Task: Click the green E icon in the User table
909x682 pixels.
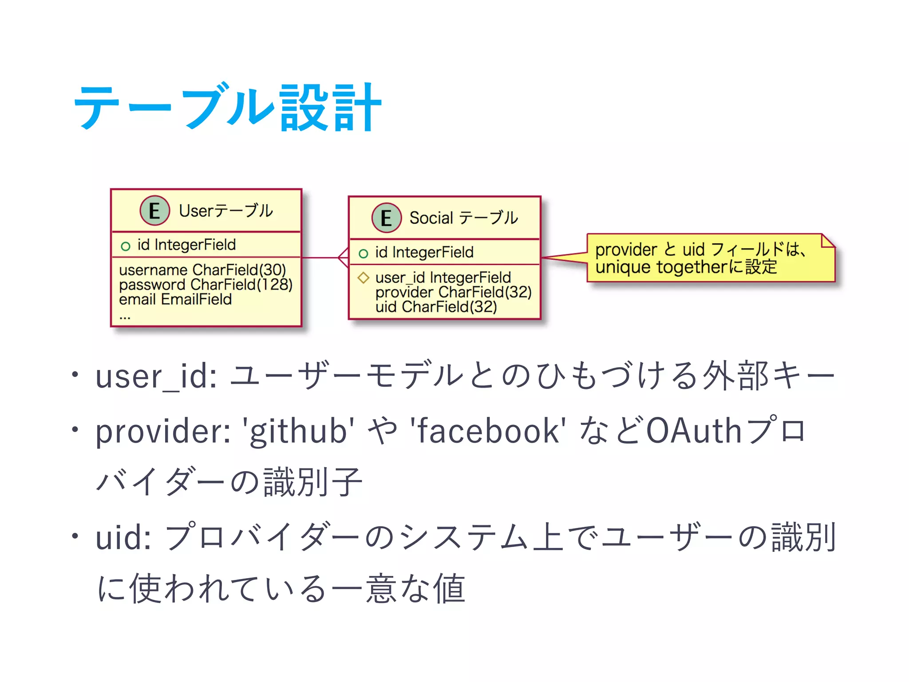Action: pyautogui.click(x=154, y=210)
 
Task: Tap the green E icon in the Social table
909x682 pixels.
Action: pyautogui.click(x=386, y=218)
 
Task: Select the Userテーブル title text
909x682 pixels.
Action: pyautogui.click(x=226, y=211)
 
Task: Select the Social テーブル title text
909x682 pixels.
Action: pyautogui.click(x=463, y=218)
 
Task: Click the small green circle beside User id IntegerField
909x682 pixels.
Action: pyautogui.click(x=126, y=246)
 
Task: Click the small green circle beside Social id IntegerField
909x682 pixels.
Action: pyautogui.click(x=364, y=254)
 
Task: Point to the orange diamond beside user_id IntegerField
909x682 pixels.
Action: pyautogui.click(x=364, y=278)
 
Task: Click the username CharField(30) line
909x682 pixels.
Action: pyautogui.click(x=202, y=270)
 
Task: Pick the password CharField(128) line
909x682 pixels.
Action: pyautogui.click(x=206, y=285)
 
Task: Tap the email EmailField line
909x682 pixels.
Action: pyautogui.click(x=175, y=299)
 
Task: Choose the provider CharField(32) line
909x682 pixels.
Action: pyautogui.click(x=453, y=292)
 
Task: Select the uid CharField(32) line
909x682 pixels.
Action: pyautogui.click(x=436, y=307)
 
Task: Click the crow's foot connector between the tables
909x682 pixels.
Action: pyautogui.click(x=343, y=258)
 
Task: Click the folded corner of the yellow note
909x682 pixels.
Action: pyautogui.click(x=827, y=241)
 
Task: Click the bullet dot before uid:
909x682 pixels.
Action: pyautogui.click(x=75, y=536)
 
